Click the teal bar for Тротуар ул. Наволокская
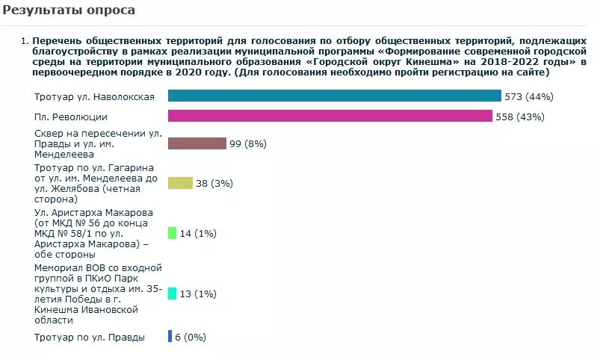(x=334, y=96)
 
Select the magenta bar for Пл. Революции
(x=330, y=116)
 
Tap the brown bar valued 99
(x=197, y=143)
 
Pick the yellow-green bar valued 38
(x=180, y=183)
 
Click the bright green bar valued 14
(x=172, y=233)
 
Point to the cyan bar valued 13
(x=172, y=294)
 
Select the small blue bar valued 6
(x=170, y=336)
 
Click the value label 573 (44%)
(x=529, y=96)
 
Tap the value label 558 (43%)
(x=520, y=117)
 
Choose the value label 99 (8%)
(x=247, y=143)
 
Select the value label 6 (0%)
(x=190, y=337)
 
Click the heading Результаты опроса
(x=68, y=10)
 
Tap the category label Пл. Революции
(x=71, y=117)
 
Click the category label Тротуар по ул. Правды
(x=89, y=337)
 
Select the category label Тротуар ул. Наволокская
(x=94, y=97)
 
